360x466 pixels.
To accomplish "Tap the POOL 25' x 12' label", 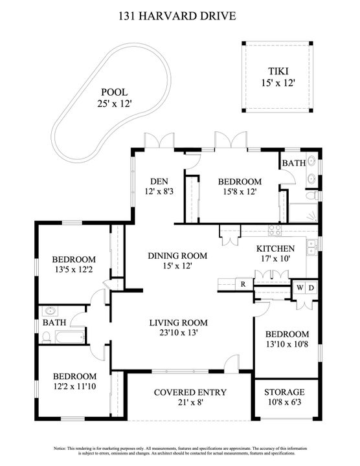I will [113, 97].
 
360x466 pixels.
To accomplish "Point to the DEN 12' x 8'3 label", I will [159, 186].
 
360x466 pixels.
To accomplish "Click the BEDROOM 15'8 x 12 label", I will [239, 187].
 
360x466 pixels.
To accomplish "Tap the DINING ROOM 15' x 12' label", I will [168, 260].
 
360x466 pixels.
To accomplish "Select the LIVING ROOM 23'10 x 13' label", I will [178, 327].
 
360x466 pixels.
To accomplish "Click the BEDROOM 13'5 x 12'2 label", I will [74, 265].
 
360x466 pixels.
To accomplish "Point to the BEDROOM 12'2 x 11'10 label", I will [74, 381].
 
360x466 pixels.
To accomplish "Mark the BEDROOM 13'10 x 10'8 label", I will [287, 339].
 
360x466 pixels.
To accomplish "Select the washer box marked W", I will [300, 287].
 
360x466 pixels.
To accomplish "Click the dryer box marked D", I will [312, 287].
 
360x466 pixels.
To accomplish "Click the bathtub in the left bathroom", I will [70, 337].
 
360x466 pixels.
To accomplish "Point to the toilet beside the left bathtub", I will [47, 337].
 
